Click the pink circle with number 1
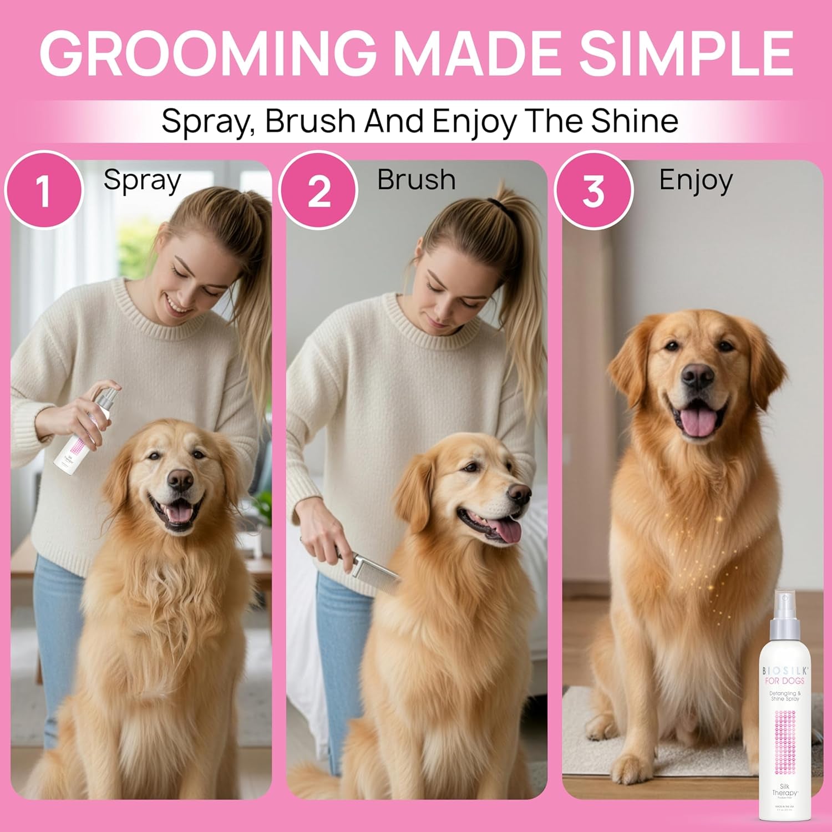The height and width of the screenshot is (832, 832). [x=43, y=190]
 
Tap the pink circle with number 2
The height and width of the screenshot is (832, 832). [x=318, y=190]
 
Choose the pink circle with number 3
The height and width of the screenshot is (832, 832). [x=593, y=190]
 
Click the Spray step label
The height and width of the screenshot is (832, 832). [x=142, y=180]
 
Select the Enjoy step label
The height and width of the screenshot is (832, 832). [x=696, y=180]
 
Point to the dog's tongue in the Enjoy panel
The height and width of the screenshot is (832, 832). [x=698, y=423]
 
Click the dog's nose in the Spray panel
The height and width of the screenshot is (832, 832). [x=180, y=478]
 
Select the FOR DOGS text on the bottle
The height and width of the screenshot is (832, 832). [x=784, y=681]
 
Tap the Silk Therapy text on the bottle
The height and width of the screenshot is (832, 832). [x=784, y=790]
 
